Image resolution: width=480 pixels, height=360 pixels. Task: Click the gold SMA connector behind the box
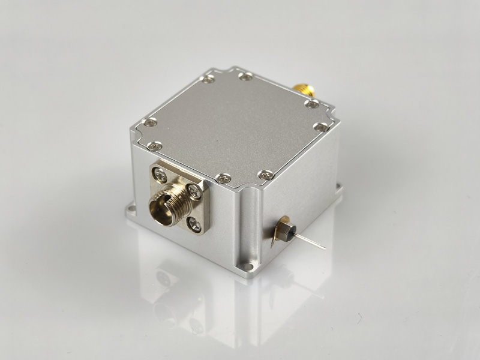304,91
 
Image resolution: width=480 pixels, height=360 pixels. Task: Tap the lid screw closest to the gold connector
311,104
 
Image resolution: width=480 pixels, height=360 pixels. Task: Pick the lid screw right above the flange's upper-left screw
155,146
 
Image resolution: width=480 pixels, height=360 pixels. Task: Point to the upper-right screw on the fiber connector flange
194,190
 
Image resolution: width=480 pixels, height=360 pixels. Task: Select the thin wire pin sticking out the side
312,242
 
